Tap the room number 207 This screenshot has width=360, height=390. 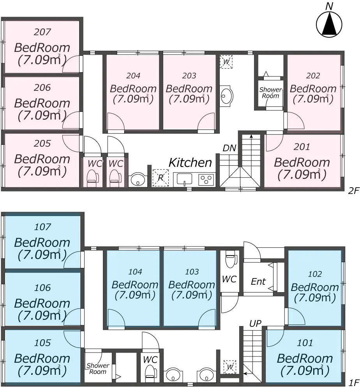[x=42, y=32]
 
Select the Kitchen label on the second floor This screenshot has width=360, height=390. [x=190, y=162]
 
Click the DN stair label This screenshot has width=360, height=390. [x=229, y=148]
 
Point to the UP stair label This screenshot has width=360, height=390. [x=256, y=323]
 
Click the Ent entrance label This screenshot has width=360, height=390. [x=258, y=282]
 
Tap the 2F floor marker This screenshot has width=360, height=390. [x=354, y=191]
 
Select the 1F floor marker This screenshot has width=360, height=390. [x=354, y=383]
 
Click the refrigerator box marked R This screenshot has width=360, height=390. [x=161, y=178]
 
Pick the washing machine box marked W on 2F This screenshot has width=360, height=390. [x=226, y=62]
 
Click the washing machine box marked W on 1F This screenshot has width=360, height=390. [x=230, y=367]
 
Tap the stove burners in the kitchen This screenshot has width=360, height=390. [x=206, y=179]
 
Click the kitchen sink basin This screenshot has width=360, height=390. [x=184, y=179]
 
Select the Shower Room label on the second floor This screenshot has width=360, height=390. [x=270, y=92]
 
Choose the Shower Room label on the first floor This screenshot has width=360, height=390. [x=98, y=369]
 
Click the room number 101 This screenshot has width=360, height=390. [x=305, y=343]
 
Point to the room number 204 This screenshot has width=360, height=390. [x=133, y=76]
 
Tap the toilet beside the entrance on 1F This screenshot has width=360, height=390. [x=230, y=259]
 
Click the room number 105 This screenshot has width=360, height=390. [x=42, y=343]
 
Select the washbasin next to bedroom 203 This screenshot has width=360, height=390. [x=226, y=96]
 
